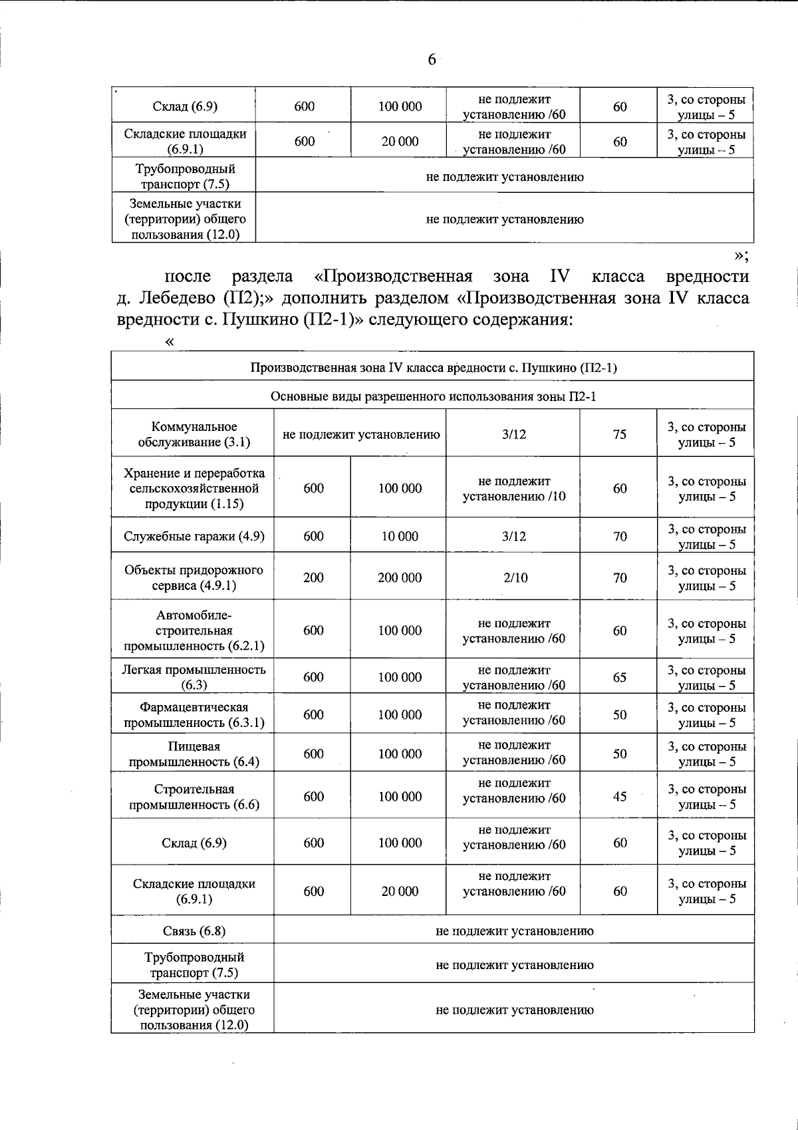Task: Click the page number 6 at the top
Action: pyautogui.click(x=432, y=60)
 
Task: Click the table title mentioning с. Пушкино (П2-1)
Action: pyautogui.click(x=433, y=367)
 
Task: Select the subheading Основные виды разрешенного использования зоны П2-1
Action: pyautogui.click(x=433, y=396)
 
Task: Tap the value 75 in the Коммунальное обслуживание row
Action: pyautogui.click(x=619, y=434)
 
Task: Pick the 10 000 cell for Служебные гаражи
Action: pyautogui.click(x=399, y=536)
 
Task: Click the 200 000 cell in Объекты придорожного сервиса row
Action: pyautogui.click(x=399, y=578)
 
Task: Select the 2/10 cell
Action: pyautogui.click(x=515, y=578)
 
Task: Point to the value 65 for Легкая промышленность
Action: pyautogui.click(x=619, y=677)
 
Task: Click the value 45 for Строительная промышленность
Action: pyautogui.click(x=619, y=796)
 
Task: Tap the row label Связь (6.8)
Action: pyautogui.click(x=194, y=931)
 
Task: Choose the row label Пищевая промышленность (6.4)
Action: pyautogui.click(x=194, y=754)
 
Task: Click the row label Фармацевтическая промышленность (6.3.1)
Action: pyautogui.click(x=194, y=715)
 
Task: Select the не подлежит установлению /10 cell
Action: pyautogui.click(x=514, y=488)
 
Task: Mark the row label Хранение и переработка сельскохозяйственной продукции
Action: pyautogui.click(x=194, y=488)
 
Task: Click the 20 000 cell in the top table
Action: pyautogui.click(x=399, y=141)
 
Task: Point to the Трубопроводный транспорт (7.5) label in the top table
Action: pyautogui.click(x=184, y=176)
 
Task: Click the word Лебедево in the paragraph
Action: pyautogui.click(x=176, y=297)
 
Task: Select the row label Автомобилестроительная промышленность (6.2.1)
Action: pyautogui.click(x=194, y=630)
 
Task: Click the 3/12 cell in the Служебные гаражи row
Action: pyautogui.click(x=514, y=536)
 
